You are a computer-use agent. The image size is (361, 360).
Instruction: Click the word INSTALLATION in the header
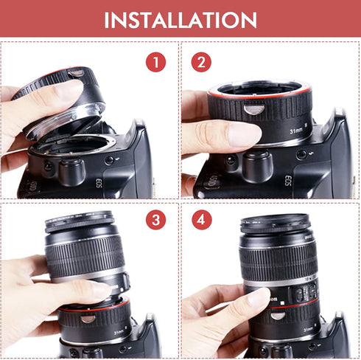pos(180,19)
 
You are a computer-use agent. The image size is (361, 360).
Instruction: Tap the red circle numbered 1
pos(155,62)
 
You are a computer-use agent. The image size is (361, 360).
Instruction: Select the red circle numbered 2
pos(200,62)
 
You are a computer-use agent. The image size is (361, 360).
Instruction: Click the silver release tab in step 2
pos(253,111)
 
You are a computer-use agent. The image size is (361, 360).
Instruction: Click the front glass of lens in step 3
pos(77,222)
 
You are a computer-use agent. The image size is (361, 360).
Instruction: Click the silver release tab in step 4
pos(278,316)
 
